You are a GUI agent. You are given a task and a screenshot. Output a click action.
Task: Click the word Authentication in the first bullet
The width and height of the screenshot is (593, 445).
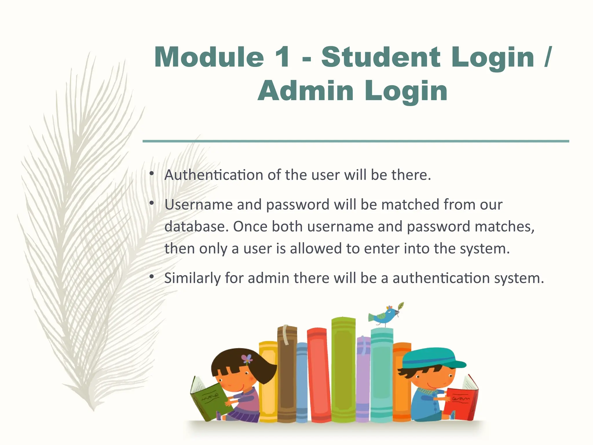tap(214, 175)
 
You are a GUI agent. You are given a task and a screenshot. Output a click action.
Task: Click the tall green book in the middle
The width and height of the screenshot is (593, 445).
tap(343, 371)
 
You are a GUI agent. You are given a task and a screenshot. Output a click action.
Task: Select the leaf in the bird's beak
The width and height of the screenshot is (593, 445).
tap(401, 306)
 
